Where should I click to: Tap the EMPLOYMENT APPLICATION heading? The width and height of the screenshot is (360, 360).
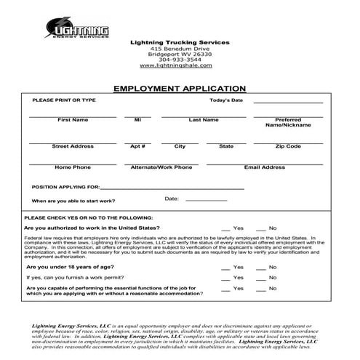(x=180, y=88)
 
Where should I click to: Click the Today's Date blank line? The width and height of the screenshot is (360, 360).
(x=288, y=103)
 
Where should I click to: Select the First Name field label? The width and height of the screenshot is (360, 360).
(x=73, y=119)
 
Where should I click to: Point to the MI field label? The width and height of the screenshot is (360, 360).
(x=137, y=119)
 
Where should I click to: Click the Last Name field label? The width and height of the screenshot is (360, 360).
(x=203, y=119)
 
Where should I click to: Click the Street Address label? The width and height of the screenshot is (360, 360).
(x=73, y=146)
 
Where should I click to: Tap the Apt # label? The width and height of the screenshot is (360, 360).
(x=137, y=146)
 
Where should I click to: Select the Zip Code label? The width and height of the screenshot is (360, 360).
(x=288, y=146)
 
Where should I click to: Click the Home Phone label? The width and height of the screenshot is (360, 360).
(x=73, y=167)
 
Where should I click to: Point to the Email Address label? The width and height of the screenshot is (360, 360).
(x=264, y=167)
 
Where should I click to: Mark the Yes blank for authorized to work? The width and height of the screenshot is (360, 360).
(x=226, y=229)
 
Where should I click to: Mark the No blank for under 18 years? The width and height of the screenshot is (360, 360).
(x=262, y=268)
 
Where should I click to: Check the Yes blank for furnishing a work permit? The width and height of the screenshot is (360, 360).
(x=226, y=278)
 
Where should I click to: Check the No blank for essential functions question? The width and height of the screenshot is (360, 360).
(x=262, y=289)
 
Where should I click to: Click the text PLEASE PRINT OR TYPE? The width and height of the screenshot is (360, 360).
(x=64, y=100)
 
